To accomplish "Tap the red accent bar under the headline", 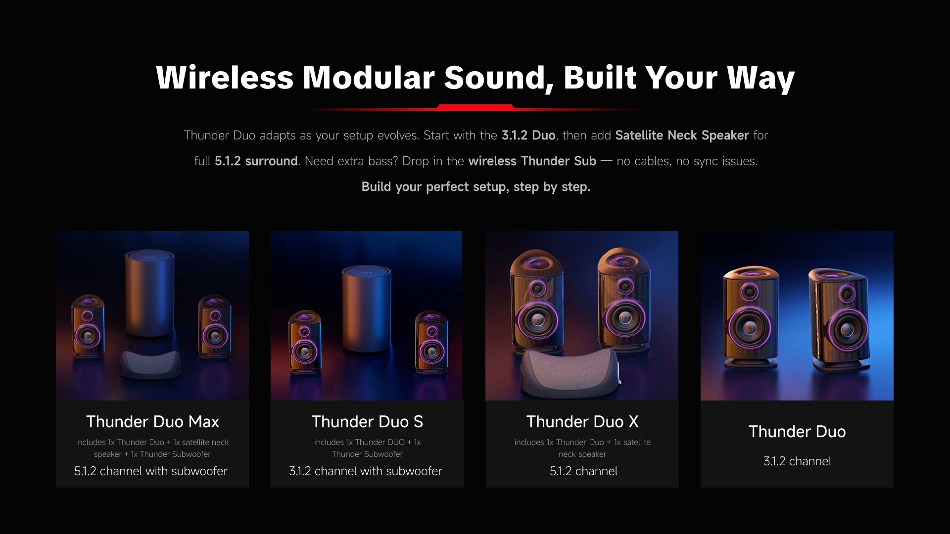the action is [x=475, y=107].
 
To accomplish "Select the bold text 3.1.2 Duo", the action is [x=528, y=135].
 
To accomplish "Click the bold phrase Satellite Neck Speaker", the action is [x=682, y=135].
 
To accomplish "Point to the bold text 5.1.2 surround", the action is [x=256, y=161].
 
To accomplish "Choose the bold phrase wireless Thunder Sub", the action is [x=532, y=161].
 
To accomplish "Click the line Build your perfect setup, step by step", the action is [x=475, y=187].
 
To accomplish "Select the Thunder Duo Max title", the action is [x=152, y=422].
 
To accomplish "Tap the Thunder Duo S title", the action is [x=367, y=422].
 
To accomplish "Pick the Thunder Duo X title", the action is [x=582, y=422].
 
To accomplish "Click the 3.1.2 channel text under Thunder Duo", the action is [x=797, y=461].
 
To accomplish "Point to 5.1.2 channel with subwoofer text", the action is [x=151, y=471].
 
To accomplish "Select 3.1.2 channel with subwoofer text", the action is [x=366, y=471].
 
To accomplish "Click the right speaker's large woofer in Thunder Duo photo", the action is [x=848, y=330].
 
